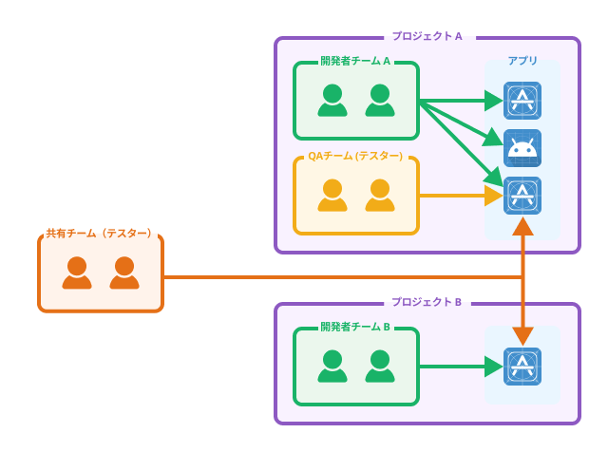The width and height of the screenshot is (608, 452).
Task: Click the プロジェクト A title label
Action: tap(427, 36)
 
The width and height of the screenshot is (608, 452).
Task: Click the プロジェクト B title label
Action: tap(427, 302)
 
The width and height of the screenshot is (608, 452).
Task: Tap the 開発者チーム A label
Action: tap(355, 61)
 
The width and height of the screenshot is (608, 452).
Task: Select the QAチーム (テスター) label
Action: tap(355, 156)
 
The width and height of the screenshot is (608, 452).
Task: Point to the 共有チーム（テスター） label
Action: tap(100, 233)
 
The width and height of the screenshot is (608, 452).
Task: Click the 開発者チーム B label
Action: tap(355, 327)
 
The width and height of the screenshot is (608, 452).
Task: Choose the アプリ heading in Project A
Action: tap(522, 61)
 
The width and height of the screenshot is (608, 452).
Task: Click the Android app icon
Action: tap(522, 148)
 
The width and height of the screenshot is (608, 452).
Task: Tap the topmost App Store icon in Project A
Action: tap(522, 101)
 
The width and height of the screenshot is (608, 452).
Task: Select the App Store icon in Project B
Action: tap(522, 367)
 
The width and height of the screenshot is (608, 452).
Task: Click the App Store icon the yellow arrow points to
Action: tap(522, 196)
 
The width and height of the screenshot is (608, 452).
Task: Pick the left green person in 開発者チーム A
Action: tap(332, 100)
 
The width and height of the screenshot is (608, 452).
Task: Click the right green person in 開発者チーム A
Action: tap(379, 100)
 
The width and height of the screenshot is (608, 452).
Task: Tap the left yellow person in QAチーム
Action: tap(332, 196)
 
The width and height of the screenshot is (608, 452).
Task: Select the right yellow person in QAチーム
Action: tap(379, 196)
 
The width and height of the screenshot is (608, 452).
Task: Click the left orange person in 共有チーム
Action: tap(77, 273)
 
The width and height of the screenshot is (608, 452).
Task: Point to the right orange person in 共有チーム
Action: tap(124, 273)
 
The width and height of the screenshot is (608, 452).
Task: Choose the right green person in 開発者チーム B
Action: tap(379, 366)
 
